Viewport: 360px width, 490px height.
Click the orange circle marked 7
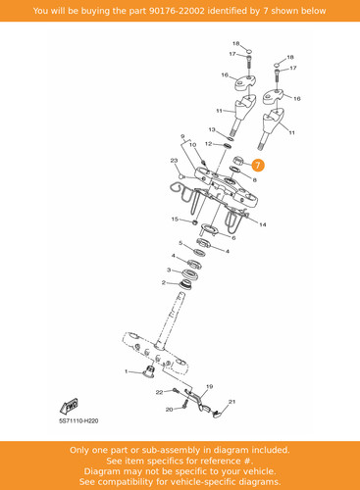point(258,166)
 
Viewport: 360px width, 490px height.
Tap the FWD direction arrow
point(70,407)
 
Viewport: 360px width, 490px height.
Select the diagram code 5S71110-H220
point(78,420)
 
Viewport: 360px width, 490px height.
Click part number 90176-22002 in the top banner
point(177,11)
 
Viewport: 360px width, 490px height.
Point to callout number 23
point(174,161)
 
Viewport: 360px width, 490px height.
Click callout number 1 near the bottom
point(127,371)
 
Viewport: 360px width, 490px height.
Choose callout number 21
point(231,402)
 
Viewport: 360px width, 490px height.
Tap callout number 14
point(263,224)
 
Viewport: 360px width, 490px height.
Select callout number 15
point(175,219)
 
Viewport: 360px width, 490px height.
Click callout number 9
point(182,136)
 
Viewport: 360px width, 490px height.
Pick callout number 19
point(210,386)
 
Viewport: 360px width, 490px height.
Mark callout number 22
point(159,392)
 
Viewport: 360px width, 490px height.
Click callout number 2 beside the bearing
point(164,282)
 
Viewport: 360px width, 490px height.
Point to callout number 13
point(212,129)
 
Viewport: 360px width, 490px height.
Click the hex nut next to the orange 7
point(238,161)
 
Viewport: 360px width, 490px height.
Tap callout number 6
point(233,238)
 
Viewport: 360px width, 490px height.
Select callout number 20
point(170,410)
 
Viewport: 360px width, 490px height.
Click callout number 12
point(208,144)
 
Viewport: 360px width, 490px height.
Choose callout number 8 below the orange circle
point(255,179)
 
